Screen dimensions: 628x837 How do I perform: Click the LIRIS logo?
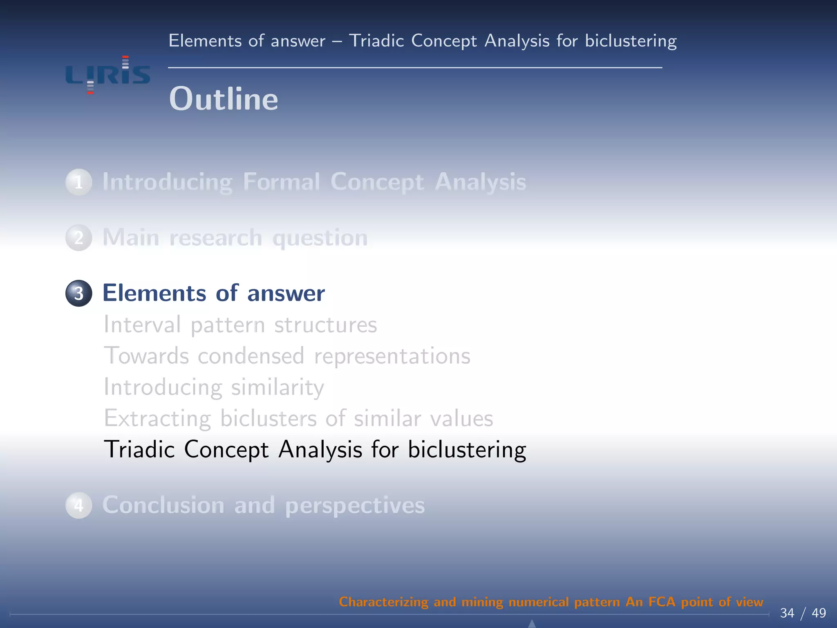(108, 75)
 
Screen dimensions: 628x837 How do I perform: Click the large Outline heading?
(224, 99)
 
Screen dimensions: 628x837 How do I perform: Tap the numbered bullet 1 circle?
(78, 182)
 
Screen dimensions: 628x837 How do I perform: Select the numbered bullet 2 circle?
(78, 238)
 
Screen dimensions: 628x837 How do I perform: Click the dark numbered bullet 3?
(78, 293)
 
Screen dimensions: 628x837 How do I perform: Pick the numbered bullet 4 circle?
(78, 505)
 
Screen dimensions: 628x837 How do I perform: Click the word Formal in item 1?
(281, 182)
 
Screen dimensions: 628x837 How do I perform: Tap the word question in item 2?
(320, 238)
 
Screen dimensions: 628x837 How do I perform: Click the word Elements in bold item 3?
(154, 293)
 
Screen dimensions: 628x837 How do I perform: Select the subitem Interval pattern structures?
(240, 325)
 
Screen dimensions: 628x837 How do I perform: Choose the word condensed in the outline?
(251, 356)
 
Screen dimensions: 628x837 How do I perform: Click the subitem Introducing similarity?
(214, 387)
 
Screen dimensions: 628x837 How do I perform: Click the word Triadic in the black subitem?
(139, 449)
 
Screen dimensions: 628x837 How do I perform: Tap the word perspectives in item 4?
(355, 506)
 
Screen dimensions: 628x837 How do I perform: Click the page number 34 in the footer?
(787, 613)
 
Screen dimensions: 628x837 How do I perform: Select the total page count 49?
(819, 613)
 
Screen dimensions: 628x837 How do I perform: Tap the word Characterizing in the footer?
(383, 602)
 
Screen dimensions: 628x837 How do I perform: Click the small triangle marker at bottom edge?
(532, 624)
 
